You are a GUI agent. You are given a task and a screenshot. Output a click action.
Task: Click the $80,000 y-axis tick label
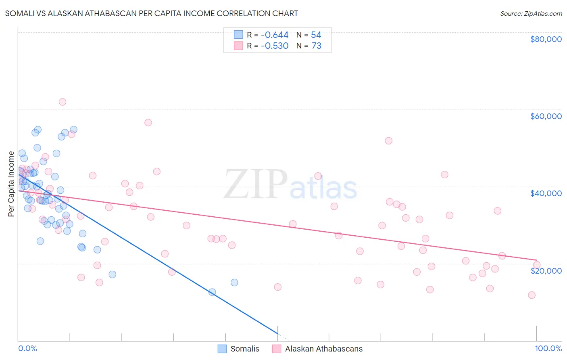click(x=546, y=39)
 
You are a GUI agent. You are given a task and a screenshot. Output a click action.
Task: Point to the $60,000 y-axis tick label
click(x=546, y=116)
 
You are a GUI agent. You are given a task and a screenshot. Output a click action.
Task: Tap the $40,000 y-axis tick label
click(x=546, y=193)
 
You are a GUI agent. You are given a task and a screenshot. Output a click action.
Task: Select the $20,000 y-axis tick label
click(x=546, y=270)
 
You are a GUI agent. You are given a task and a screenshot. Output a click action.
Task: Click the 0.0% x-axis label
click(x=27, y=348)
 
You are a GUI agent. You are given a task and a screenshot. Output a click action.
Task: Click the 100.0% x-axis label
click(x=548, y=348)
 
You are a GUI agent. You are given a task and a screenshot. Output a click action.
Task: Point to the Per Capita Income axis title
click(x=11, y=184)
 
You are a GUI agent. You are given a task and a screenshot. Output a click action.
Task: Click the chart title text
click(x=152, y=13)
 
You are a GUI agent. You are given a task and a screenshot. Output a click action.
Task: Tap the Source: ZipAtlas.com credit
click(x=531, y=14)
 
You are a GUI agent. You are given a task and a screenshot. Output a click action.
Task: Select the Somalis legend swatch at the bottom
click(x=222, y=349)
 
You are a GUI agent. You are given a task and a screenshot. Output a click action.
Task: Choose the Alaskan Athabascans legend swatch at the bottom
click(x=277, y=349)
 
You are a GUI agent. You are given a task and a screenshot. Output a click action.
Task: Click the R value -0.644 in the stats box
click(x=275, y=35)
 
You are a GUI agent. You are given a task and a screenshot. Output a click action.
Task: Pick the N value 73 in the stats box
click(x=317, y=46)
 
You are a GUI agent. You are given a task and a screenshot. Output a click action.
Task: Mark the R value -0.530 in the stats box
click(x=275, y=46)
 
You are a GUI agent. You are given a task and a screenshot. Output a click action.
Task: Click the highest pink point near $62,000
click(x=62, y=102)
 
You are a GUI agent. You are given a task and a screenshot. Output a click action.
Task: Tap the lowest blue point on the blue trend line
click(x=212, y=292)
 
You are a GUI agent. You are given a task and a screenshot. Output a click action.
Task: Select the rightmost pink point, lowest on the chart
click(x=532, y=295)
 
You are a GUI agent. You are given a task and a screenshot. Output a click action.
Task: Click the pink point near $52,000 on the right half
click(x=388, y=141)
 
